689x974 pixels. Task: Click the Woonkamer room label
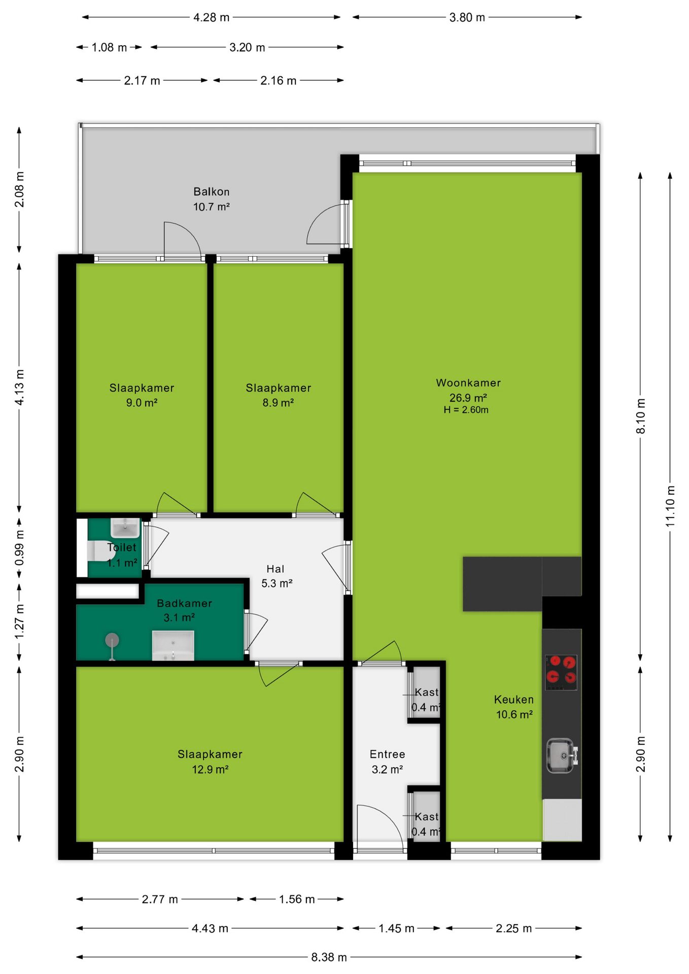pos(468,383)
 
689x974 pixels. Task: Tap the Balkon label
pos(212,192)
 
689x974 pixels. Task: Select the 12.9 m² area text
pos(210,770)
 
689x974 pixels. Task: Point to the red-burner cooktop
pos(561,673)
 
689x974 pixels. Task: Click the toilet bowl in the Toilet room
pos(100,551)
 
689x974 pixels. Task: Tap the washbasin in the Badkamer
pos(173,645)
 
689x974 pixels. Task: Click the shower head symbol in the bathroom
pos(112,641)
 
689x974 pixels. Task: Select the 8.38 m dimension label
pos(329,957)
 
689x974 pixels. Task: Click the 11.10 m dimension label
pos(670,506)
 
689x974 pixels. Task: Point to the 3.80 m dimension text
pos(467,18)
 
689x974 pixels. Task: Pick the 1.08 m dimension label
pos(109,48)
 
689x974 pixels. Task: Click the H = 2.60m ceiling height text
pos(466,410)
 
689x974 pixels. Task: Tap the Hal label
pos(275,569)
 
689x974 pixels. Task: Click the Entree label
pos(387,754)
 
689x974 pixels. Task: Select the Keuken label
pos(514,700)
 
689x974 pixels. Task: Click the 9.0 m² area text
pos(142,403)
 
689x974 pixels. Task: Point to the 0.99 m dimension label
pos(19,548)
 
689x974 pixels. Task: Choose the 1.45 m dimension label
pos(396,928)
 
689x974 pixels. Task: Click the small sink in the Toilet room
pos(125,528)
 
